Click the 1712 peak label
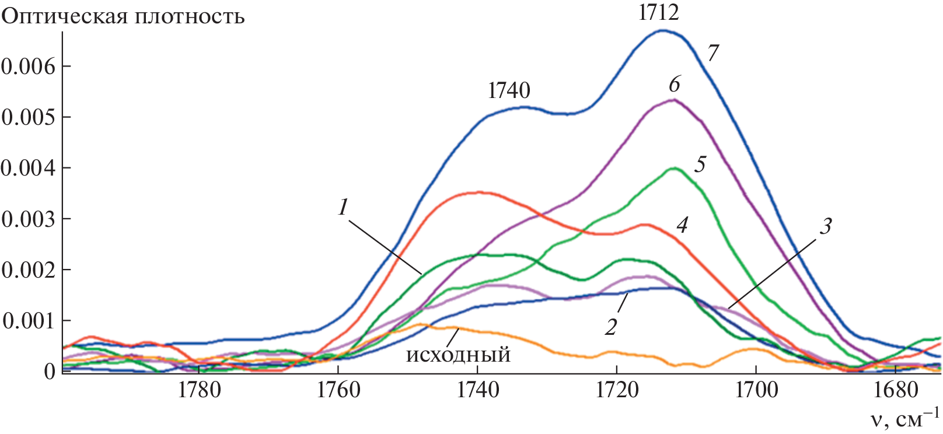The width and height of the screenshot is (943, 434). [x=659, y=13]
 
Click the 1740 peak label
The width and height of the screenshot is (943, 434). [x=509, y=90]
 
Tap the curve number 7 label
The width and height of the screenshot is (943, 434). [x=713, y=54]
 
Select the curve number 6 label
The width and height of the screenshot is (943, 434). [x=675, y=85]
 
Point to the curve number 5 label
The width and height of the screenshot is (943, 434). [x=700, y=164]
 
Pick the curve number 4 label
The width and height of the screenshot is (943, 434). [x=682, y=225]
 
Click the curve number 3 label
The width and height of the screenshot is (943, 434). [x=825, y=226]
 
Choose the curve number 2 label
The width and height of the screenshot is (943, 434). [x=611, y=327]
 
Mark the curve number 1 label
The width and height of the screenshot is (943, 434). [x=343, y=207]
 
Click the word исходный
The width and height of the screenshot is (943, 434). [x=458, y=355]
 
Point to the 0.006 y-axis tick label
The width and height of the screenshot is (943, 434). [x=28, y=66]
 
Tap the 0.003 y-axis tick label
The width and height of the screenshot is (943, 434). [x=28, y=219]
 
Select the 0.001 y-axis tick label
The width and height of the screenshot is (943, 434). [x=28, y=321]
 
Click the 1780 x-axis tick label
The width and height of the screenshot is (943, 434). [x=199, y=390]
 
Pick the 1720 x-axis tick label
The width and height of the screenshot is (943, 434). [x=617, y=390]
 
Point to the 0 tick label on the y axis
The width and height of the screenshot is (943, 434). [x=50, y=372]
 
